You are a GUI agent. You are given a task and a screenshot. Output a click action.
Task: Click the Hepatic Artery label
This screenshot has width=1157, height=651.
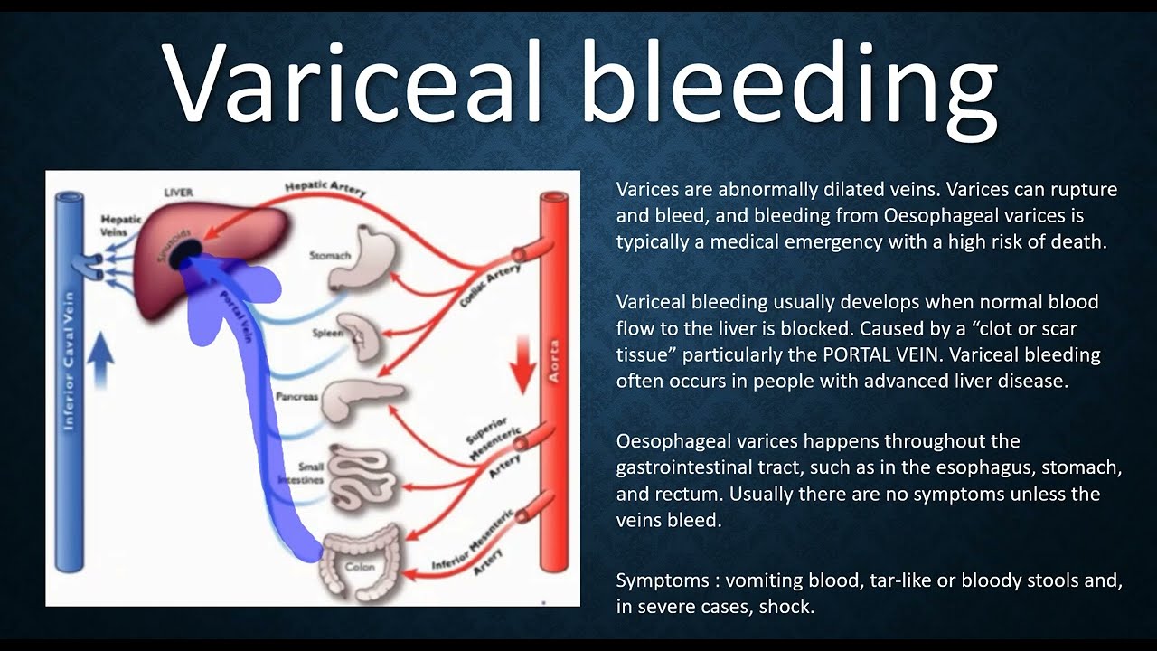325,187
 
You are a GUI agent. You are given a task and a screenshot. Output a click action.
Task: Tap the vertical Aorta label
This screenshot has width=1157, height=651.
553,362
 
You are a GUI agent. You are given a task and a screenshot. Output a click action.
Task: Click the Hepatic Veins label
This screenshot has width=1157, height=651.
120,225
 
